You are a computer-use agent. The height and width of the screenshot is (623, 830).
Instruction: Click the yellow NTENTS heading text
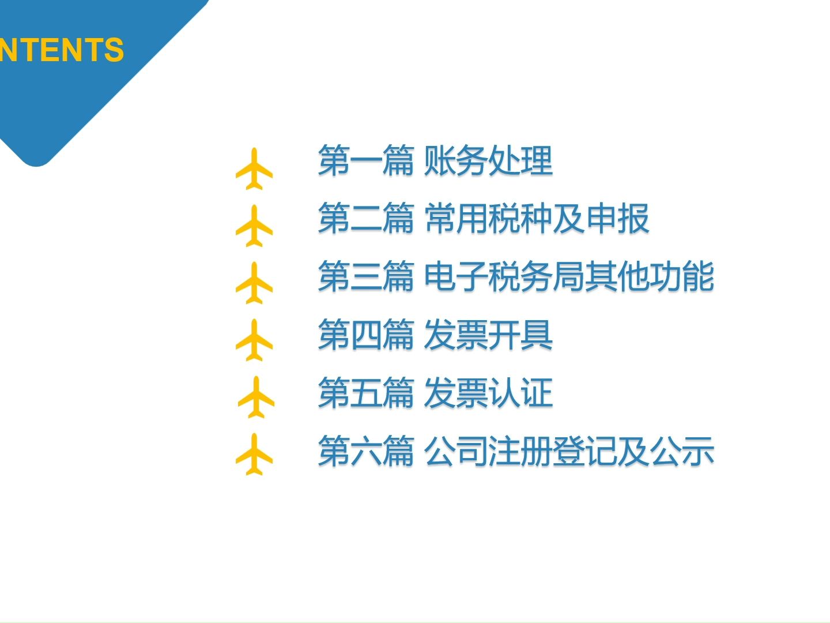click(x=62, y=50)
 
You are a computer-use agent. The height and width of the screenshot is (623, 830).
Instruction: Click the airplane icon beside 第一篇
click(x=254, y=169)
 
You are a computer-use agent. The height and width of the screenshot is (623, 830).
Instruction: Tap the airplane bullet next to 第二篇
click(x=254, y=226)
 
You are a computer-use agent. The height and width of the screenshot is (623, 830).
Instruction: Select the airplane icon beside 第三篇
click(x=254, y=283)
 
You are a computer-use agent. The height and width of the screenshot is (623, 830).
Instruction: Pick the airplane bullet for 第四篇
click(x=254, y=340)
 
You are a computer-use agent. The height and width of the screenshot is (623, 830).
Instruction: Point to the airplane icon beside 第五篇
click(x=256, y=397)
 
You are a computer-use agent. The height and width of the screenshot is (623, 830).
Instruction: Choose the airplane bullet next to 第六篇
click(x=254, y=455)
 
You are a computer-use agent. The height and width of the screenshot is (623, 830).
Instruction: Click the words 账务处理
click(x=488, y=161)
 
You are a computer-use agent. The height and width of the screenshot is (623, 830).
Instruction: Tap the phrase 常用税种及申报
click(x=537, y=219)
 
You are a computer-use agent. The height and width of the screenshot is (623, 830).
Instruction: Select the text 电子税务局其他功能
click(x=569, y=276)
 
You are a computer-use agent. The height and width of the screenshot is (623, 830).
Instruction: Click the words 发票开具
click(x=488, y=335)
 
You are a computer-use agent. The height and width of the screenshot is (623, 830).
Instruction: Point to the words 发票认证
click(x=488, y=393)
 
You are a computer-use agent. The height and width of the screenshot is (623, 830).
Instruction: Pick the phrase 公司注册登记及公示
click(x=569, y=451)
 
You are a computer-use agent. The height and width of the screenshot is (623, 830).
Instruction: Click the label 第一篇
click(x=365, y=161)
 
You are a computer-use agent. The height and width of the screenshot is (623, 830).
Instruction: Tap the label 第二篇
click(x=365, y=219)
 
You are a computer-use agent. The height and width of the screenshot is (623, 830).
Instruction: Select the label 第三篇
click(x=365, y=276)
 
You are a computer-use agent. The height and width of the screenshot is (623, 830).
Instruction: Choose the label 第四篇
click(x=365, y=335)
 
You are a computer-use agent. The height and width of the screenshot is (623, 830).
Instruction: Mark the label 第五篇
click(x=365, y=393)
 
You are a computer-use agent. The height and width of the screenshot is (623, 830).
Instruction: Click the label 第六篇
click(x=365, y=451)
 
